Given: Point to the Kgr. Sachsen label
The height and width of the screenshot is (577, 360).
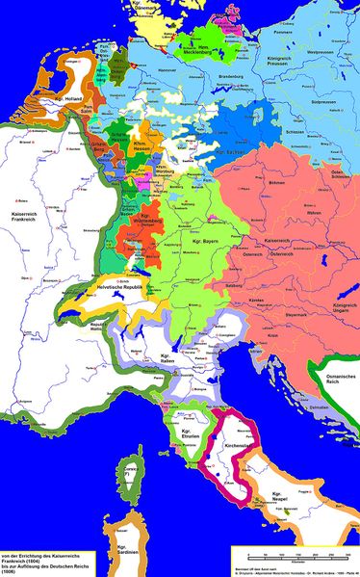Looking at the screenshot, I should [229, 155].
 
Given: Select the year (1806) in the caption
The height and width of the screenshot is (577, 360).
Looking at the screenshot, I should [14, 570].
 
